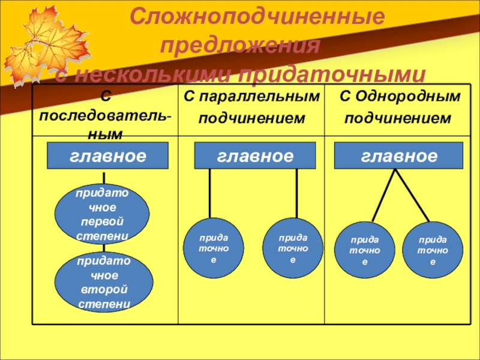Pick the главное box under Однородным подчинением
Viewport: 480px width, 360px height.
point(398,157)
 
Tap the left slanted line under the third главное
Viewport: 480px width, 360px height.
point(383,196)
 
